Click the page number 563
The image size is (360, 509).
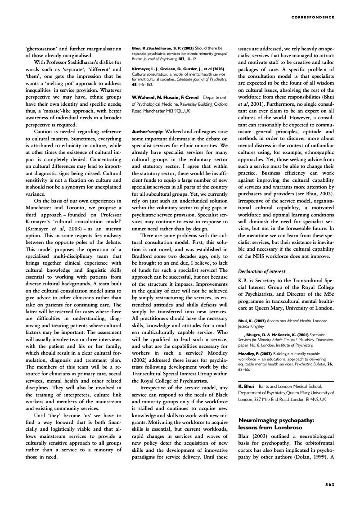coord(329,484)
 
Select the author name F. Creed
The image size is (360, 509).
coord(188,97)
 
